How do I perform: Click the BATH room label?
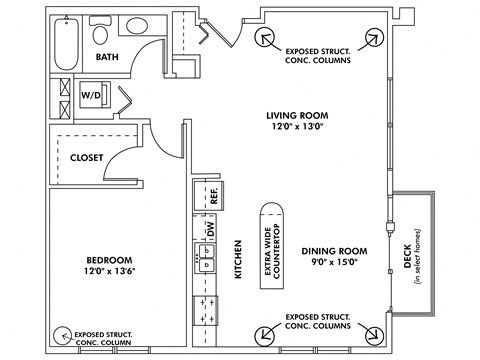tap(108, 58)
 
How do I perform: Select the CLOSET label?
tap(89, 157)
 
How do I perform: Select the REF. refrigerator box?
tap(213, 195)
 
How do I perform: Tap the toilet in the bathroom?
tap(100, 33)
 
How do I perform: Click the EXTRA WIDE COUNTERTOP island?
tap(270, 245)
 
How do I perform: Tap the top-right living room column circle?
tap(373, 39)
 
